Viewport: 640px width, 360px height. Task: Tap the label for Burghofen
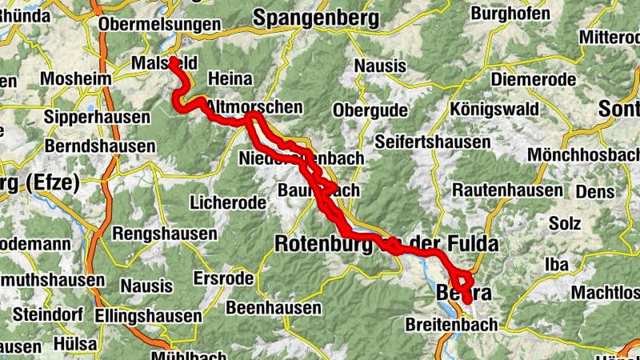(510, 14)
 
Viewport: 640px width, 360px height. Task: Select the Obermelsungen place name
(159, 25)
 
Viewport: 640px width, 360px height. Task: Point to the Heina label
(230, 79)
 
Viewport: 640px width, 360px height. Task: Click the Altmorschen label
(254, 106)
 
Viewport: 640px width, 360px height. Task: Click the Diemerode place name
(533, 79)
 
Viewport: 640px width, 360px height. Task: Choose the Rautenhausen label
(508, 190)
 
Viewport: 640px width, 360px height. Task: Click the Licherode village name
(228, 203)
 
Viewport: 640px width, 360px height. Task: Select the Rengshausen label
(165, 234)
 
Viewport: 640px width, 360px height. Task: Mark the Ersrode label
(223, 279)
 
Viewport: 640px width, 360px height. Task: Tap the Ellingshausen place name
(147, 316)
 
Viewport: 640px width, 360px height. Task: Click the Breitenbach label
(451, 325)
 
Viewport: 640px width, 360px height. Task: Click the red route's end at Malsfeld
(173, 61)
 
